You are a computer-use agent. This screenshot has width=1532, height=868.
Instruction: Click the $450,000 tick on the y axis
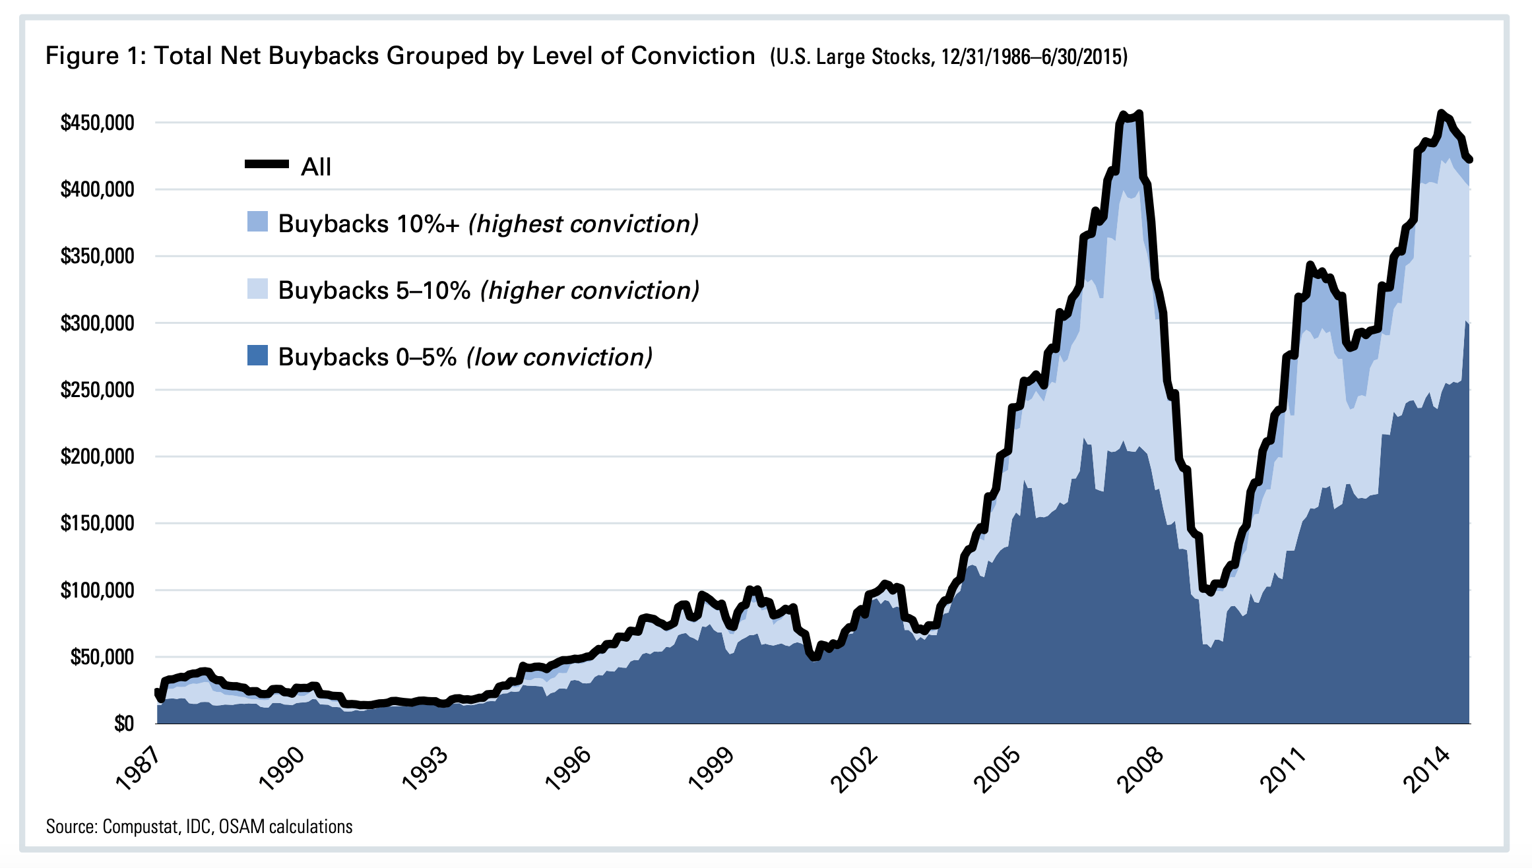pos(97,123)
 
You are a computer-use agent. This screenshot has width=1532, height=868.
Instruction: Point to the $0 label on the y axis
pos(123,724)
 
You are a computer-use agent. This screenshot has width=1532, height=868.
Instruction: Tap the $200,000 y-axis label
pos(97,456)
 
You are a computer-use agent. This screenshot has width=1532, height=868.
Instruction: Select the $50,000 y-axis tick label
pos(102,657)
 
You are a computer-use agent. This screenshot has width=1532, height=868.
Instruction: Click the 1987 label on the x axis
pos(138,770)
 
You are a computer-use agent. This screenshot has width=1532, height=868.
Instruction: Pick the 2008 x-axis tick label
pos(1139,770)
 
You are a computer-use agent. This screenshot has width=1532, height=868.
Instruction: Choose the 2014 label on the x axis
pos(1425,770)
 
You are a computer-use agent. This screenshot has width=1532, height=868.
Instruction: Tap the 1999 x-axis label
pos(710,770)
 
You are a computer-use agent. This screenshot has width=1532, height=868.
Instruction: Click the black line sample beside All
pos(267,164)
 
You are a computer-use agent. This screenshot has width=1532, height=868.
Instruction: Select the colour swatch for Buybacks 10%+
pos(257,222)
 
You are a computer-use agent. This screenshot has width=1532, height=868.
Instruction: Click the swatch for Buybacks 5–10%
pos(257,289)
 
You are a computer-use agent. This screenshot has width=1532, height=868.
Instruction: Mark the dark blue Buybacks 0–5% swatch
pos(257,356)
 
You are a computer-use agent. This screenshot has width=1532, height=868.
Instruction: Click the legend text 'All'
pos(316,167)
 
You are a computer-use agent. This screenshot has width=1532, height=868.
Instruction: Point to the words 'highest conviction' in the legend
pos(583,224)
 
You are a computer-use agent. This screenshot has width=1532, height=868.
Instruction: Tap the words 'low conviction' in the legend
pos(559,357)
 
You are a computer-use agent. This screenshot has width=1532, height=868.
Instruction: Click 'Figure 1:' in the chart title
pos(94,56)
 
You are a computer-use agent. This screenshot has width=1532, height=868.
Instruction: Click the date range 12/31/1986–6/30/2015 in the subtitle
pos(1034,57)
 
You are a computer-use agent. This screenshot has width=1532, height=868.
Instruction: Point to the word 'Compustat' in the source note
pos(141,827)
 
